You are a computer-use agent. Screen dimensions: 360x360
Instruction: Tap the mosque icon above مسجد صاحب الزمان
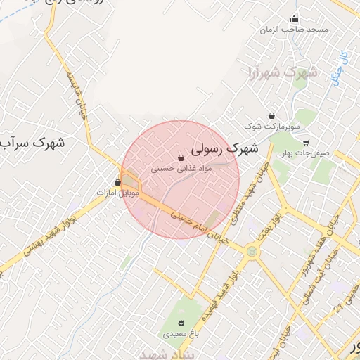[x=294, y=19]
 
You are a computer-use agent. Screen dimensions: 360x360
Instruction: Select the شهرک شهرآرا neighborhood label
[x=280, y=72]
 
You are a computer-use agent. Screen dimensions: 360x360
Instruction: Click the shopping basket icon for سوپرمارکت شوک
[x=271, y=115]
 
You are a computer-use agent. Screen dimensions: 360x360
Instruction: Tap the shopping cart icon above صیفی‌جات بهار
[x=305, y=142]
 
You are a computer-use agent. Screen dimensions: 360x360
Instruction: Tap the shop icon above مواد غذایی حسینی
[x=181, y=157]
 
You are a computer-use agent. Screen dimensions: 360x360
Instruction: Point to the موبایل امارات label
[x=118, y=192]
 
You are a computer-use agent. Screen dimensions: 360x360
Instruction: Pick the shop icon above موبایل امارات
[x=117, y=181]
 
